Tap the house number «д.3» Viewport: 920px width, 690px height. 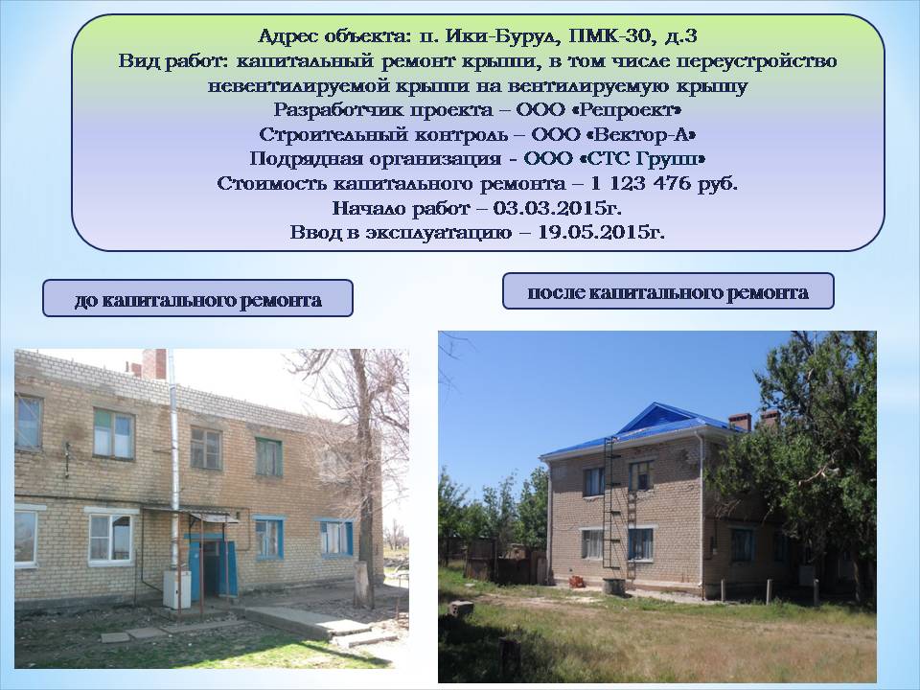pyautogui.click(x=681, y=36)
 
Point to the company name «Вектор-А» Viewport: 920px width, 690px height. pyautogui.click(x=644, y=134)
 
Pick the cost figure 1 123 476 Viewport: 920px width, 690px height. pyautogui.click(x=640, y=184)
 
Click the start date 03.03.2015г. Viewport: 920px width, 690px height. pyautogui.click(x=557, y=208)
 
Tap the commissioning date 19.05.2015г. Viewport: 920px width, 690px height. pyautogui.click(x=602, y=232)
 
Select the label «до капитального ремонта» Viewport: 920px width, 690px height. pyautogui.click(x=197, y=301)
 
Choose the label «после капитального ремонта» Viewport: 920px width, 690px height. pyautogui.click(x=668, y=293)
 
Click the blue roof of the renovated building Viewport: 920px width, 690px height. pyautogui.click(x=645, y=428)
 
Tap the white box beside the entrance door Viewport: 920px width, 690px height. pyautogui.click(x=176, y=589)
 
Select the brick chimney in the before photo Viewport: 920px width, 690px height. pyautogui.click(x=154, y=364)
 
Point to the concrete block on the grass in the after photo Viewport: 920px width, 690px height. pyautogui.click(x=461, y=609)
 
